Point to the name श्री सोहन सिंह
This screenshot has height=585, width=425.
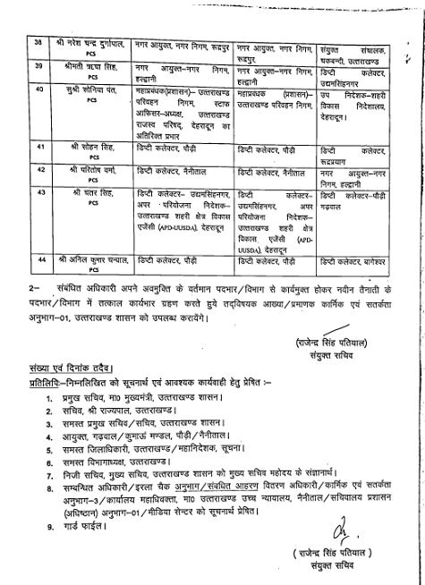tap(89, 145)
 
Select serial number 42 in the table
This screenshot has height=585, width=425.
tap(38, 169)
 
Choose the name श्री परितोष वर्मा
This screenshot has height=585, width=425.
tap(90, 169)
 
